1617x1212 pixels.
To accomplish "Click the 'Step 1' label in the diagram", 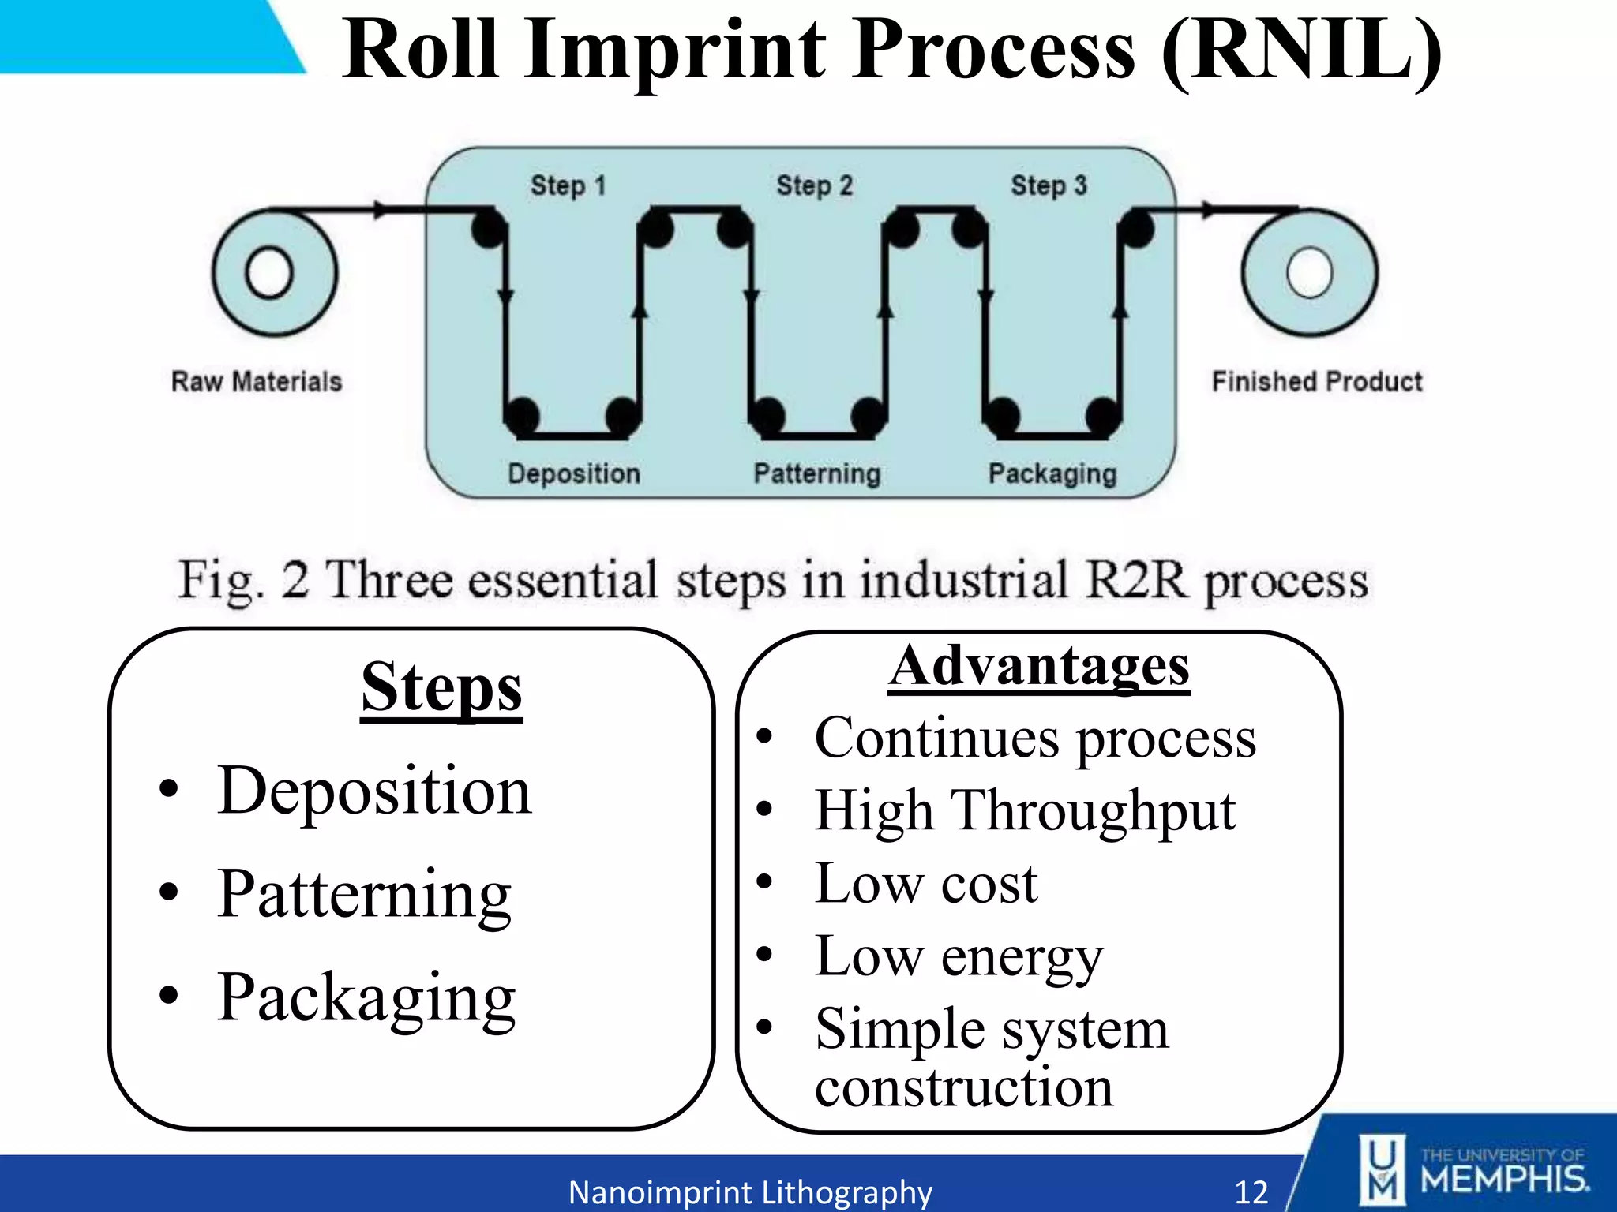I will tap(568, 186).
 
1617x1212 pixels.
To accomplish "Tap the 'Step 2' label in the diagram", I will tap(814, 186).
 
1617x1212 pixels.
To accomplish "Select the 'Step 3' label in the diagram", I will tap(1049, 186).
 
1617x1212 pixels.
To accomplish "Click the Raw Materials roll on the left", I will tap(273, 273).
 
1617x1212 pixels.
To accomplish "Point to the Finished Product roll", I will tap(1309, 273).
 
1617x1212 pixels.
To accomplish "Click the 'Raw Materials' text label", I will tap(257, 382).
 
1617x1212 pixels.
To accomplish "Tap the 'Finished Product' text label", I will tap(1317, 382).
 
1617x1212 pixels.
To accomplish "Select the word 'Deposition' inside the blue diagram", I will tap(574, 473).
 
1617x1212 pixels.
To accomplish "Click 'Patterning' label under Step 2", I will tap(816, 473).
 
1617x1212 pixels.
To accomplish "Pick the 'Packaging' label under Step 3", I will tap(1052, 473).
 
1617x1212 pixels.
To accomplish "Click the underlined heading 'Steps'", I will tap(441, 688).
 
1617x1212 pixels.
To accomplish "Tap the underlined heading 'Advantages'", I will tap(1038, 667).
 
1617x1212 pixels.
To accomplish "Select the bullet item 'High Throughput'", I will tap(1024, 811).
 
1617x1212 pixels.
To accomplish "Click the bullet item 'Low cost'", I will tap(925, 884).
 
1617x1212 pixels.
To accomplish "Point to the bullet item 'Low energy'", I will tap(959, 957).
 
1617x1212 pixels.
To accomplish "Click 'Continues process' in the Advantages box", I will tap(1034, 739).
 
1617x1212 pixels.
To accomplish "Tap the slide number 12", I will tap(1251, 1191).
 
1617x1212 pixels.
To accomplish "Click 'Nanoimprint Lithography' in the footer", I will tap(750, 1191).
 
